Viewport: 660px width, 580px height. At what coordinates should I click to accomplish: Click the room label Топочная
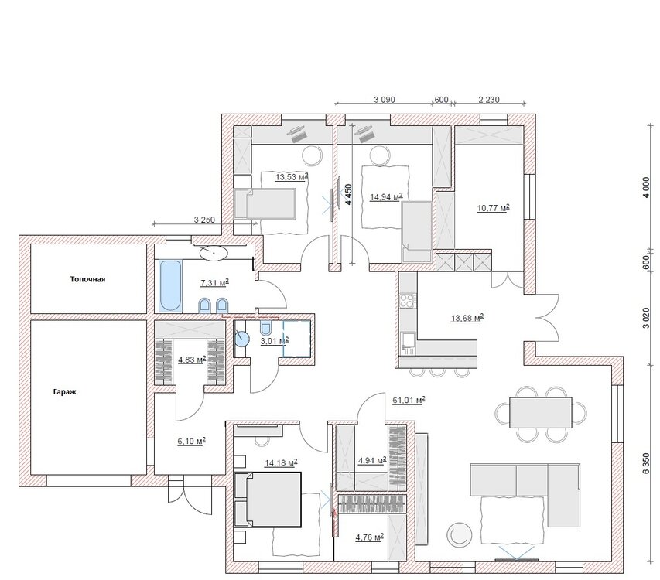coord(87,279)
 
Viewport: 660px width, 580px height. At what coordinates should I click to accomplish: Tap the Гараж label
coord(64,392)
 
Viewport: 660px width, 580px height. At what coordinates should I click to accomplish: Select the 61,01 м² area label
coord(409,400)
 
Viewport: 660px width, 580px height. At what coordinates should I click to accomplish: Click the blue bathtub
coord(171,285)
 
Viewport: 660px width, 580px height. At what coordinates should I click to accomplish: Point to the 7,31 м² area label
coord(214,282)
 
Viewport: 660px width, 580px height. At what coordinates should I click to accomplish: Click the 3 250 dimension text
coord(204,220)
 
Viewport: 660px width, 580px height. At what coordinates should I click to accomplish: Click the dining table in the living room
coord(541,412)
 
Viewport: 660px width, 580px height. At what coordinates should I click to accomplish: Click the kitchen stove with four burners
coord(407,300)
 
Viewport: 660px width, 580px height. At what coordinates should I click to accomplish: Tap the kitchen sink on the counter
coord(407,342)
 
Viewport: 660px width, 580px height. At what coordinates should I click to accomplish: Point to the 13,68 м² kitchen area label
coord(467,318)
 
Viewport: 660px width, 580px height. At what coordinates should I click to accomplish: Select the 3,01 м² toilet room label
coord(275,341)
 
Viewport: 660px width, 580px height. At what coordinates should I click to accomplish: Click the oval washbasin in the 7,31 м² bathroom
coord(214,253)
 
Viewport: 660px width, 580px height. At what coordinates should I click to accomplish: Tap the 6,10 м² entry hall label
coord(192,442)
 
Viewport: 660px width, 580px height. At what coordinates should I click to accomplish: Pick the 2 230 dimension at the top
coord(489,100)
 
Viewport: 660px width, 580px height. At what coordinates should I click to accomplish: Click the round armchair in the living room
coord(459,534)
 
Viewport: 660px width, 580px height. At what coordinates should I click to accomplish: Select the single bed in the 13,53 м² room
coord(265,203)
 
